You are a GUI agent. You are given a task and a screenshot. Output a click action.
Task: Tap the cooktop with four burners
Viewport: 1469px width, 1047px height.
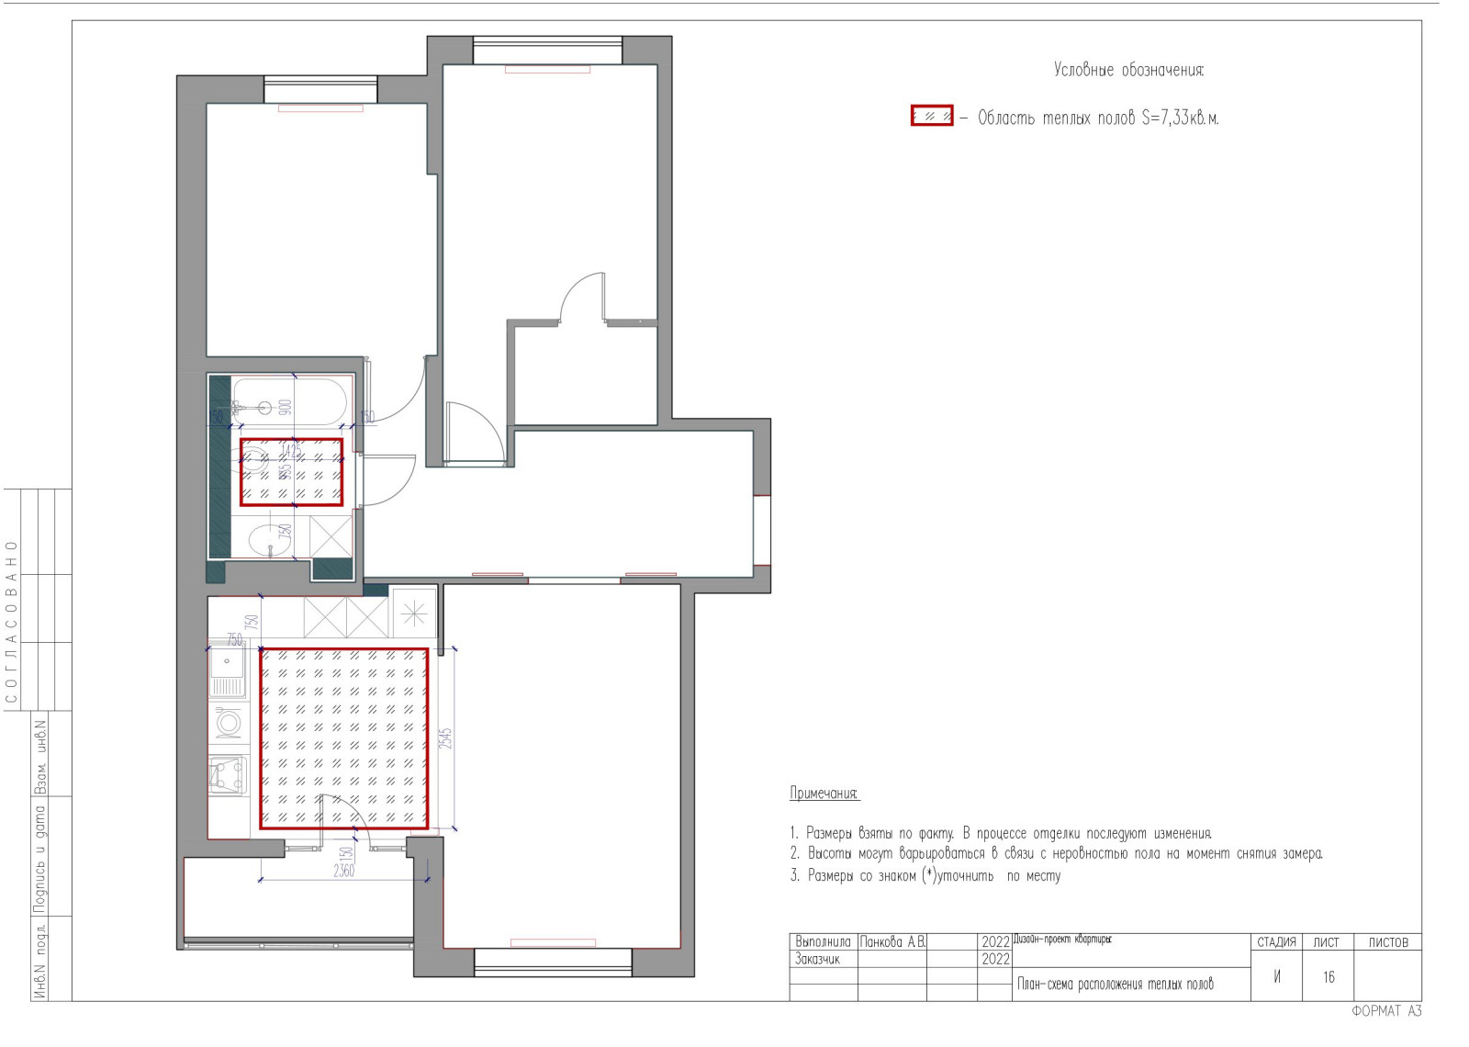pos(228,774)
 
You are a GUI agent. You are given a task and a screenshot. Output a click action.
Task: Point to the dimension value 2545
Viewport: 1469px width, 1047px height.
pos(445,738)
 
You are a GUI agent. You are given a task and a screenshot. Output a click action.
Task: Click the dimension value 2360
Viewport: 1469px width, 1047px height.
pos(343,870)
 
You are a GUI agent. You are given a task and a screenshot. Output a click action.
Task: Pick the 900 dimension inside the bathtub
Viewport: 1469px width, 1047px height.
pos(286,407)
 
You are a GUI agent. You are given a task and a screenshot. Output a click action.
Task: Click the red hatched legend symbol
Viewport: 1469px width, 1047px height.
pos(932,116)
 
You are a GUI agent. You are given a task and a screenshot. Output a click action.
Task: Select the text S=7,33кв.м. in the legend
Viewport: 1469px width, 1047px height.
pos(1180,118)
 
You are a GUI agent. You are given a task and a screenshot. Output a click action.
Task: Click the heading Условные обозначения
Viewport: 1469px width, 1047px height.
pos(1127,70)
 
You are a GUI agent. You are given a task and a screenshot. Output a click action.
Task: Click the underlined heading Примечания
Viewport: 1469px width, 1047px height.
pos(824,793)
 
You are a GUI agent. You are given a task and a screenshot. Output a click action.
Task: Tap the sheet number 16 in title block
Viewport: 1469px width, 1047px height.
pos(1328,977)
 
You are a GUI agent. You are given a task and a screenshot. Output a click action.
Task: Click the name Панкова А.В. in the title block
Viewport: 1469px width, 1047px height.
pos(892,942)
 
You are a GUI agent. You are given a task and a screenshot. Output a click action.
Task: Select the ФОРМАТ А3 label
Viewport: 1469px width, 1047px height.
pos(1385,1011)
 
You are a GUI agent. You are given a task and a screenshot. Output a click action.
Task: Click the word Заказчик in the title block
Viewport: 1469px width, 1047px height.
pos(817,960)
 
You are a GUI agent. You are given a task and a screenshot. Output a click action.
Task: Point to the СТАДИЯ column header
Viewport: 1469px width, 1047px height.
pos(1276,942)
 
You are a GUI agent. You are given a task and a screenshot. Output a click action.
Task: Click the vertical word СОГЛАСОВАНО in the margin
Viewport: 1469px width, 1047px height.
pos(12,622)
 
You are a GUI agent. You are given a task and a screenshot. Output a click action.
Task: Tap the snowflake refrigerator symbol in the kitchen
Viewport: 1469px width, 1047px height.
pos(414,612)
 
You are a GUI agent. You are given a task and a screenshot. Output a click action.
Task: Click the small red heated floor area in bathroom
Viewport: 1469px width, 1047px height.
pos(292,472)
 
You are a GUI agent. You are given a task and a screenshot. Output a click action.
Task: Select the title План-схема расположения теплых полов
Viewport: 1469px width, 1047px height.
pos(1115,985)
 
